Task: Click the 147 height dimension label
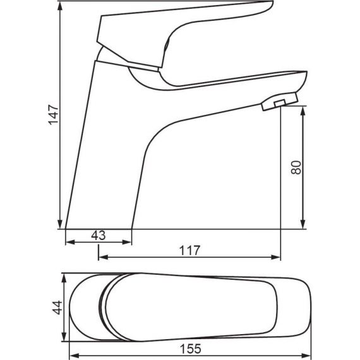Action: coord(53,114)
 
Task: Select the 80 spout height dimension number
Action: coord(296,167)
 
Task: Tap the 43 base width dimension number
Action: coord(99,236)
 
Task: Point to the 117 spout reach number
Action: coord(189,250)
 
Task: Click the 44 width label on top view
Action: coord(57,308)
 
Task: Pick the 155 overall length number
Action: coord(191,349)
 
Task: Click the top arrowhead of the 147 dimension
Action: coord(60,6)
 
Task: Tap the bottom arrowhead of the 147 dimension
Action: coord(60,224)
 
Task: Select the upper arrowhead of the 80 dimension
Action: coord(303,111)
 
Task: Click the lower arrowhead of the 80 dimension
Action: coord(303,224)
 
